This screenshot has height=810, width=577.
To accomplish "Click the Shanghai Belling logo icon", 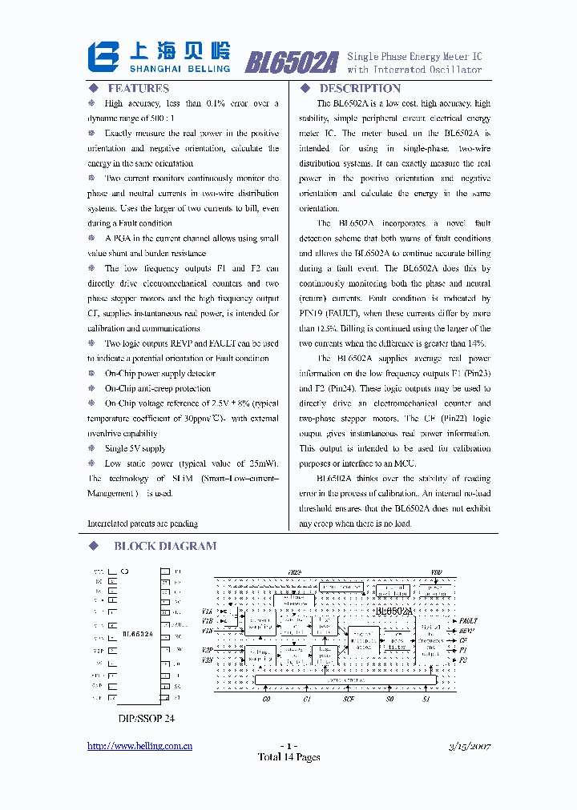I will [x=105, y=58].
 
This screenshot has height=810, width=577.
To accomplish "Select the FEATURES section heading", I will [x=138, y=89].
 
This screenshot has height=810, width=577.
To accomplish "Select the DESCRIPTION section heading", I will [x=360, y=89].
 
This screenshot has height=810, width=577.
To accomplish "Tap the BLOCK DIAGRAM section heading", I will [x=164, y=547].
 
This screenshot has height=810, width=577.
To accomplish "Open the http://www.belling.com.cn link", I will [x=139, y=746].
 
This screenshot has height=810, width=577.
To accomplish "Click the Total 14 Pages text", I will [x=288, y=757].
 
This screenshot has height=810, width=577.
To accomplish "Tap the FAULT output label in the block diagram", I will [x=468, y=620].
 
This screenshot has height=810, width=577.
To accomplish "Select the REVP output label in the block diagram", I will [x=467, y=631].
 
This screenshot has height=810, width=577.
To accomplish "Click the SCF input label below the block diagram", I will [x=349, y=699].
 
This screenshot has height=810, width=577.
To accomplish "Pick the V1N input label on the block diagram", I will [x=208, y=631].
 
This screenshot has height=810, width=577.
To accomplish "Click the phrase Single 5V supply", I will [x=135, y=449].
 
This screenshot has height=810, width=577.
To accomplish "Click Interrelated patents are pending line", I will [x=143, y=523].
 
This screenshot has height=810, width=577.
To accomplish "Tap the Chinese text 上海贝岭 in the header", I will [x=180, y=53].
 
